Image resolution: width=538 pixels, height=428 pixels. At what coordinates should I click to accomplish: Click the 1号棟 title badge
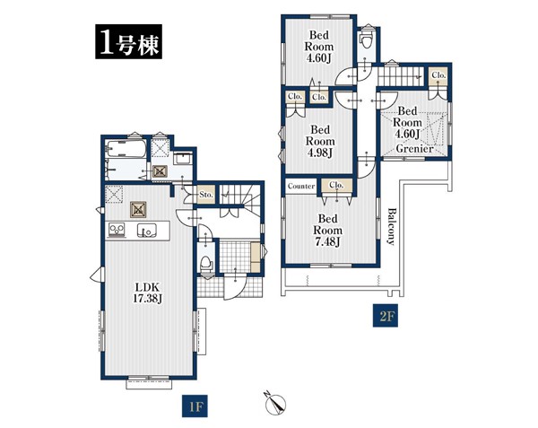tap(128, 41)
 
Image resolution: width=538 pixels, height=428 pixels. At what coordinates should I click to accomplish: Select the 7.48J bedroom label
tap(327, 230)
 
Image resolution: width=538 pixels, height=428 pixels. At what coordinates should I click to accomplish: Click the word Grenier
tap(414, 149)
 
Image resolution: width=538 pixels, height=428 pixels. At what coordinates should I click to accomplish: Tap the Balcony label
tap(391, 226)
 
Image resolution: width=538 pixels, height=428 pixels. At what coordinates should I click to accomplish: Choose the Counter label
tap(301, 186)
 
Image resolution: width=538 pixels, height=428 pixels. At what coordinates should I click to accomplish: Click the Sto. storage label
tap(206, 195)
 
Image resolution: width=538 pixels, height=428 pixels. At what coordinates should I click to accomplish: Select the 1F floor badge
tap(195, 406)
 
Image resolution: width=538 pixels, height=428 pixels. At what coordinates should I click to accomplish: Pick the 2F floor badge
tap(386, 316)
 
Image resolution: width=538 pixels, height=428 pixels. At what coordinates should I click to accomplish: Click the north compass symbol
tap(276, 403)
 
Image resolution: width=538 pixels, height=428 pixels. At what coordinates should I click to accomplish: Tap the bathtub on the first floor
tap(126, 149)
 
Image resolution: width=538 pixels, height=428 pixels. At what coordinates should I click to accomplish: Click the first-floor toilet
tap(206, 265)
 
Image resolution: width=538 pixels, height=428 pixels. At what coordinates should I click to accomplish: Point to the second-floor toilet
tap(366, 39)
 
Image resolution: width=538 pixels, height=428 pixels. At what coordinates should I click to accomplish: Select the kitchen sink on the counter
tap(146, 231)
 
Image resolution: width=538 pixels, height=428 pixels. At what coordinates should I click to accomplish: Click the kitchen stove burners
tap(117, 230)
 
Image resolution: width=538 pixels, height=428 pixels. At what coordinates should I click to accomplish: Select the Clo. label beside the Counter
tap(336, 185)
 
